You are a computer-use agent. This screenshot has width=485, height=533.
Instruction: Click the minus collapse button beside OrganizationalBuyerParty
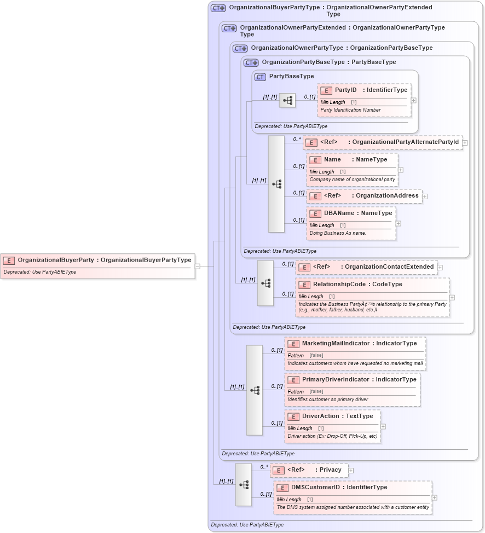(x=198, y=266)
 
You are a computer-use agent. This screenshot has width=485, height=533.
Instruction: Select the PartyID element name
(x=345, y=90)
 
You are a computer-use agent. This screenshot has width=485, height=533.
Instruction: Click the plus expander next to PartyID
(x=413, y=100)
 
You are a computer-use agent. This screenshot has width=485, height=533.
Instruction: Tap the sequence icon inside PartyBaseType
(x=287, y=100)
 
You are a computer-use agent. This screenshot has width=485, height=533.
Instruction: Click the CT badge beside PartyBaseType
(x=260, y=77)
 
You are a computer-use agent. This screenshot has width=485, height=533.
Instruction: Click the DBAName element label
(x=339, y=213)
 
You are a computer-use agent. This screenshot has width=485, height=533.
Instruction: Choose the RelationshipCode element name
(x=334, y=284)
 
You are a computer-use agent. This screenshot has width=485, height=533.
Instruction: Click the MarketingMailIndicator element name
(x=336, y=343)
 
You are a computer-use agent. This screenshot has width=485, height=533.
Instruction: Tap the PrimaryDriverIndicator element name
(x=336, y=379)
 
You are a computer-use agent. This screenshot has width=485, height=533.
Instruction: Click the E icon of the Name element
(x=315, y=160)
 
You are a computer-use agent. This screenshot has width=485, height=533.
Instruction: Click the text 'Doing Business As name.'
(x=338, y=233)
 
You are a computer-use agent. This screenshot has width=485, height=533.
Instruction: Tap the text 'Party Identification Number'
(x=350, y=110)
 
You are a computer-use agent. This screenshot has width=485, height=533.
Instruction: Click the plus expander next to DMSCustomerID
(x=435, y=497)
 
